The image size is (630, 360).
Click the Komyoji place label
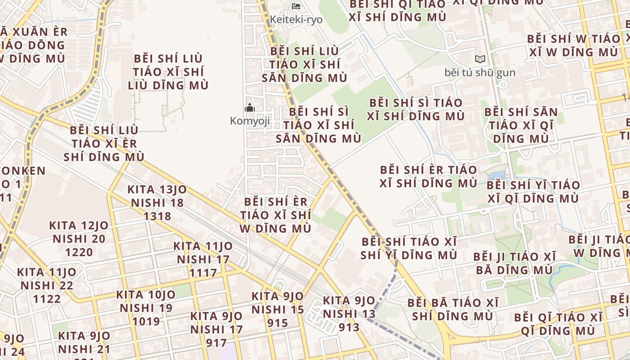tap(250, 121)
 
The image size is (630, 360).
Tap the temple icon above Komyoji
tap(250, 108)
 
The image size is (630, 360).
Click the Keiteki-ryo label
tap(296, 20)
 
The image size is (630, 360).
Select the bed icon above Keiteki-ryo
tap(296, 6)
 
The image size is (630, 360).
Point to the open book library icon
tap(480, 59)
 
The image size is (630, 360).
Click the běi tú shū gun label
tap(480, 72)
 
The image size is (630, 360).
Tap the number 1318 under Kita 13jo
tap(157, 216)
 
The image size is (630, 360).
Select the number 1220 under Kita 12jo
tap(79, 252)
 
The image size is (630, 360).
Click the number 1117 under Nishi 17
tap(203, 273)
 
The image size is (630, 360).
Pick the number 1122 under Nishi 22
tap(47, 299)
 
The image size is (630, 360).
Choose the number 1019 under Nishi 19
tap(146, 321)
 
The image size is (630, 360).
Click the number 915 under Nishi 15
tap(278, 323)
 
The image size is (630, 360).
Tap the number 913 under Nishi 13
tap(349, 327)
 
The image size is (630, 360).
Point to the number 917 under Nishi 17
tap(216, 343)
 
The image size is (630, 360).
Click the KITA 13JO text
tap(157, 189)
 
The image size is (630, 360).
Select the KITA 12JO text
tap(79, 225)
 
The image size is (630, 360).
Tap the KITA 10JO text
tap(146, 295)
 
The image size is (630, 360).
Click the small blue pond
tap(497, 175)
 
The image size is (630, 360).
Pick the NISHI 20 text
tap(79, 238)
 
